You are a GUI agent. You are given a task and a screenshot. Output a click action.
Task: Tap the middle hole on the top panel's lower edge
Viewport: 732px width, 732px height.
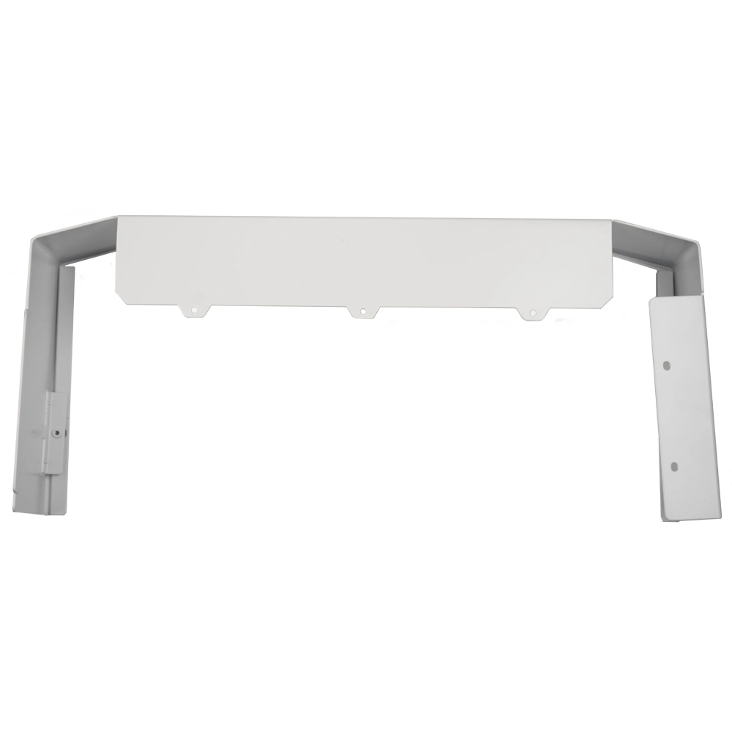click(x=362, y=314)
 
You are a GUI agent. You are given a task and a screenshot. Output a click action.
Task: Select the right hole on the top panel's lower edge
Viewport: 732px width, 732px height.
click(x=532, y=314)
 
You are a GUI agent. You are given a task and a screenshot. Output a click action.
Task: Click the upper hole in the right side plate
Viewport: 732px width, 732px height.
click(x=668, y=363)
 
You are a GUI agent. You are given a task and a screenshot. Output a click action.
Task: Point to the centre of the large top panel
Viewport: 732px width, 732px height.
click(x=366, y=260)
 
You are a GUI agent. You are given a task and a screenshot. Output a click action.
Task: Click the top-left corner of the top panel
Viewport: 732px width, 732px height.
click(x=119, y=215)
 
